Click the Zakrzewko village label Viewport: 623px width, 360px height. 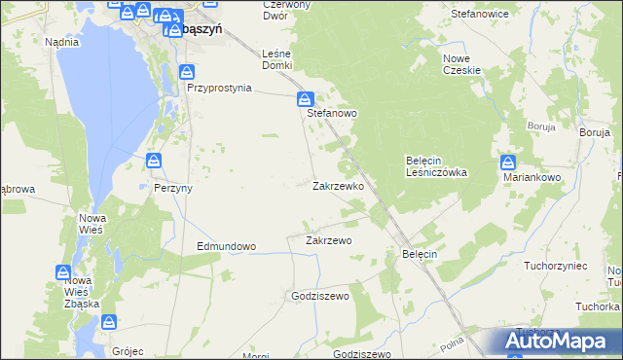pos(338,185)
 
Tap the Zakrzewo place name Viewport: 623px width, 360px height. pos(328,239)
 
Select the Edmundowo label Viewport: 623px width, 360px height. pos(226,246)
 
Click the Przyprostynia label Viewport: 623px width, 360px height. pos(219,87)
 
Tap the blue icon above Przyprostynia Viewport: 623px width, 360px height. pos(187,70)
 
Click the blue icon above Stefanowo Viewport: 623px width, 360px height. pos(305,98)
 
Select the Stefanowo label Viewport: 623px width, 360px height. pos(332,113)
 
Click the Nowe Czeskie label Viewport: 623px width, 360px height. pos(462,64)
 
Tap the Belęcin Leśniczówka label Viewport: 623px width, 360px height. pos(436,165)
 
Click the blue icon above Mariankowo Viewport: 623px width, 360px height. pos(508,162)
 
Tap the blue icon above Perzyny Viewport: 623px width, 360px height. pos(153,160)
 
